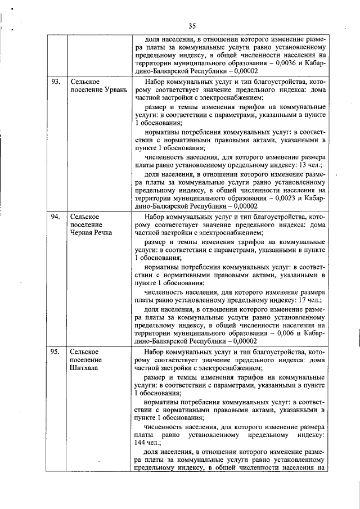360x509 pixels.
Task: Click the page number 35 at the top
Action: [192, 26]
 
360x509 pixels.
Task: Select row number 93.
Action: [56, 82]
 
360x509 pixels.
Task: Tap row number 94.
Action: [56, 216]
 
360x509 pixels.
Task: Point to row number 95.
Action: [56, 351]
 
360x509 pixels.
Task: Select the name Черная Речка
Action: [91, 232]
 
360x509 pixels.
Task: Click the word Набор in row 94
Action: [155, 216]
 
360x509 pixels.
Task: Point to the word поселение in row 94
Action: [86, 224]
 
